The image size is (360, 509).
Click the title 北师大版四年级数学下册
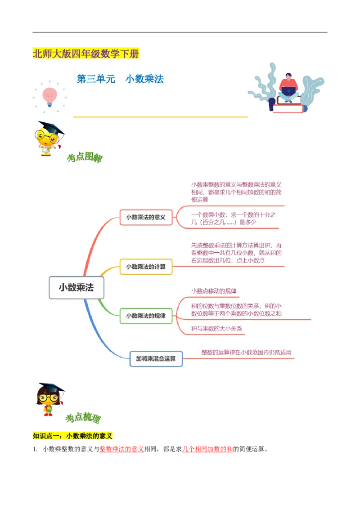86,54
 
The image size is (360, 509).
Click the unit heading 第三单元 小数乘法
120,79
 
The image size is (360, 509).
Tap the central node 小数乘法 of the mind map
76,288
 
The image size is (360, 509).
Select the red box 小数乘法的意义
146,217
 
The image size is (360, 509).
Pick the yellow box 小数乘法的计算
146,267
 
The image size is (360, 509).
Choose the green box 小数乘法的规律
146,316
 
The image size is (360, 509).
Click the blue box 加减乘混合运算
156,359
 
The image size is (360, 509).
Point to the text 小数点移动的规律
214,291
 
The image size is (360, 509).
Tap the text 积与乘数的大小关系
217,329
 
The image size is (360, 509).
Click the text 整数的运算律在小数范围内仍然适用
246,353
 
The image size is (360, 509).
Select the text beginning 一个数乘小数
233,219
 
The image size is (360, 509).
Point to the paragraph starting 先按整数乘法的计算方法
236,253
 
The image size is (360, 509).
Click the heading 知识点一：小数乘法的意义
73,436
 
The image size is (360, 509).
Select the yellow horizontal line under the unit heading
160,117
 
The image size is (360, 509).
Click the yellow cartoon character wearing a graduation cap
47,138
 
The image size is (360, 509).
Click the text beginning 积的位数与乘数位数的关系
236,310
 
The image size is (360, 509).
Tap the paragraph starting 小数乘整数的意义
236,192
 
